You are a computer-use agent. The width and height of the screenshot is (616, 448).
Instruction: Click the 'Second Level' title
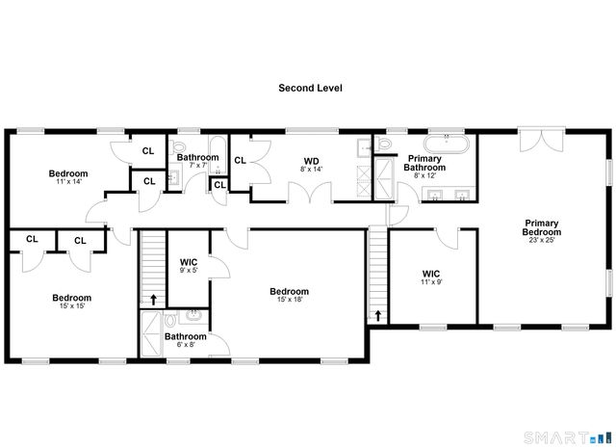tap(310, 88)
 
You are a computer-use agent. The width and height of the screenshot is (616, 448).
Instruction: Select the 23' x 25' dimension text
tap(542, 242)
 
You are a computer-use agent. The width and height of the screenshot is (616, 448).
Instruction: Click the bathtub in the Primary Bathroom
tap(448, 145)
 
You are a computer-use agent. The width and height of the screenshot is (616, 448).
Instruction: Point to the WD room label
tap(311, 160)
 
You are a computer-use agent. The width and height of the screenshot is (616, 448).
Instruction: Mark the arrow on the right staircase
tap(377, 315)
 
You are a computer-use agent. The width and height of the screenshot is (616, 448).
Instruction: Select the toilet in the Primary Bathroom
tap(385, 145)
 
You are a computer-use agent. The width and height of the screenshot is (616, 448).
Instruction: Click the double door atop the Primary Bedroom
tap(537, 142)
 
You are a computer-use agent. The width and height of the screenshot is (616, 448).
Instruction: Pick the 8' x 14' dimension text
tap(311, 170)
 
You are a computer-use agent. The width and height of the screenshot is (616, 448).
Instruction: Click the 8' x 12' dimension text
tap(424, 175)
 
